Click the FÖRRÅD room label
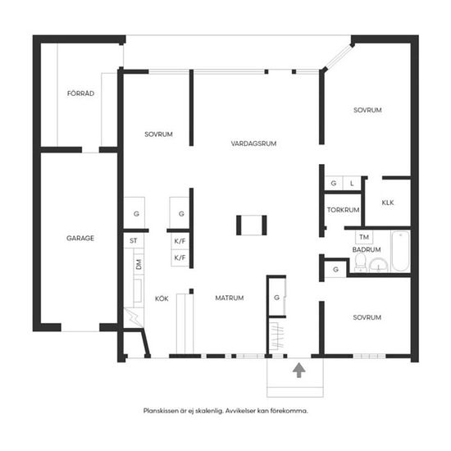click(x=80, y=93)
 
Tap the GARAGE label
click(x=80, y=238)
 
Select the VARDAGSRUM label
click(x=253, y=143)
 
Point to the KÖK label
click(x=162, y=298)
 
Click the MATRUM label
click(x=230, y=298)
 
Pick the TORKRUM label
click(x=343, y=210)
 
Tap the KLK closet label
click(x=388, y=203)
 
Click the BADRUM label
click(x=367, y=249)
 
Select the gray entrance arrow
click(x=299, y=370)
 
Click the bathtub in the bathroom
click(x=400, y=251)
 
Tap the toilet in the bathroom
click(x=360, y=262)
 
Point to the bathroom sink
click(x=378, y=265)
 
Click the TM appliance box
click(x=364, y=237)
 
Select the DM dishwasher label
click(x=139, y=264)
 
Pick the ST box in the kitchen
click(x=134, y=240)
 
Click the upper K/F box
click(x=180, y=241)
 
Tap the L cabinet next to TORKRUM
click(x=352, y=183)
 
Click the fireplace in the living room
click(x=252, y=225)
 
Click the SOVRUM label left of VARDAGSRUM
click(x=158, y=134)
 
